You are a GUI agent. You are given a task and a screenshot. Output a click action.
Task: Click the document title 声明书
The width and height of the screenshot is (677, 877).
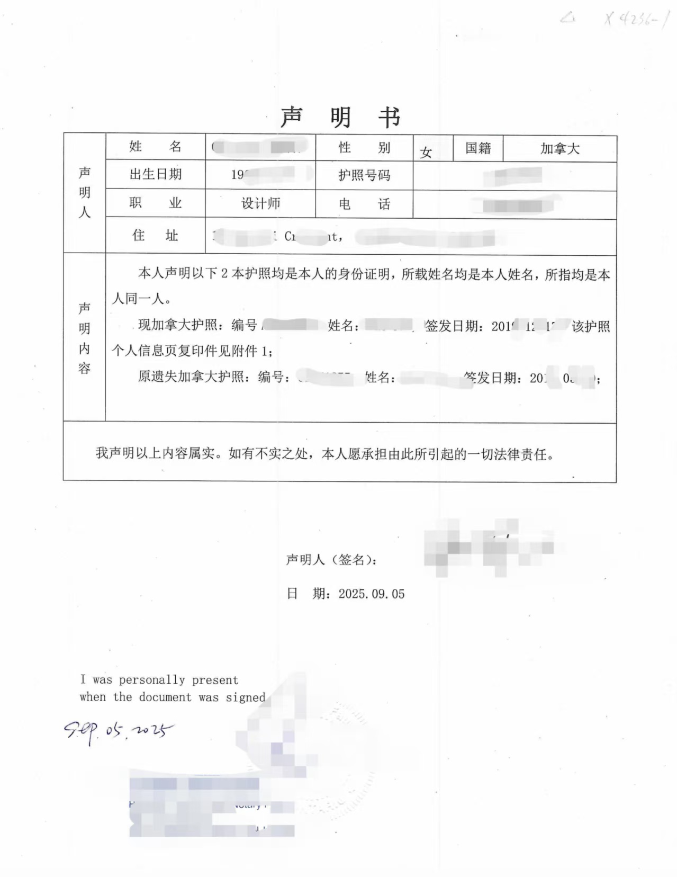[x=340, y=117]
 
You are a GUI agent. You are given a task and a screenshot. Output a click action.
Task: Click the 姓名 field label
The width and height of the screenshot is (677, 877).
[x=155, y=147]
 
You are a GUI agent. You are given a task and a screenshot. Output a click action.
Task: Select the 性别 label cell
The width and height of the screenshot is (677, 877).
[x=364, y=148]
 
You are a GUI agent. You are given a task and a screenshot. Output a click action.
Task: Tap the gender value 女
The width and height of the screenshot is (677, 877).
[x=426, y=153]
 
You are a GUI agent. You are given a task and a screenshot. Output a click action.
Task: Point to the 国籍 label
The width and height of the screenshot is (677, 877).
[x=478, y=148]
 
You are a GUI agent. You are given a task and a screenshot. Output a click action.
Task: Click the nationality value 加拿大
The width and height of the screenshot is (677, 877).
[x=559, y=149]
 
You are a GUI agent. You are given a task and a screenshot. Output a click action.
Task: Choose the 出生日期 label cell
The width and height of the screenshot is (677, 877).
[x=155, y=174]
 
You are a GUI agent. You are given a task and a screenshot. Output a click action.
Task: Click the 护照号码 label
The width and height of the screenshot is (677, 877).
[x=364, y=175]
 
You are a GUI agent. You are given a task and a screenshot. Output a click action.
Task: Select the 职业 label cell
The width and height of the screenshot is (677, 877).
[x=155, y=203]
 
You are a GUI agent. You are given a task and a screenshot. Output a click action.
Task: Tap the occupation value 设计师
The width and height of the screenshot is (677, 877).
[x=260, y=203]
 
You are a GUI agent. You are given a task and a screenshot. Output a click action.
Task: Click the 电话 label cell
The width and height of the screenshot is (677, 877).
[x=364, y=204]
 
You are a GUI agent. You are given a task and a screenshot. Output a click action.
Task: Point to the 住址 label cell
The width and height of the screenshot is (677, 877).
[x=155, y=235]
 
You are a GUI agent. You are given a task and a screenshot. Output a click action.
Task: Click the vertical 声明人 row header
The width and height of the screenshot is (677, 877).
[x=85, y=192]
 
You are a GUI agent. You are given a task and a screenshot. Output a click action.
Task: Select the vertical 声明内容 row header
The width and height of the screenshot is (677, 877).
[x=85, y=337]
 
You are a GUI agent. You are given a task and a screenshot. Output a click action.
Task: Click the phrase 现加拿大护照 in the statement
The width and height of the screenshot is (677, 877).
[x=178, y=325]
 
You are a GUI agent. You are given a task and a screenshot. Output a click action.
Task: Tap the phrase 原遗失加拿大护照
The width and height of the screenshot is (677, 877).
[x=191, y=377]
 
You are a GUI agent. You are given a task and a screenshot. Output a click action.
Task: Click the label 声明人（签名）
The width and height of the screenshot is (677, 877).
[x=331, y=560]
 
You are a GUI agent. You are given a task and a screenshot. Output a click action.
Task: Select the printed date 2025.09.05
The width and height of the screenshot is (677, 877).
[x=372, y=594]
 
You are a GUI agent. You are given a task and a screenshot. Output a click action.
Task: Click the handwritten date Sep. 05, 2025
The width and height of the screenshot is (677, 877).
[x=118, y=731]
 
